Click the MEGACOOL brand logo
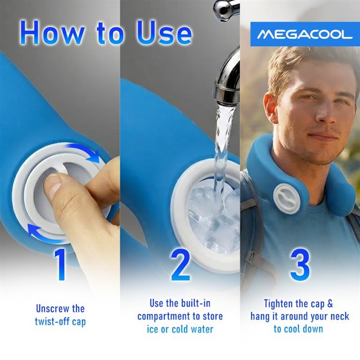coord(305,35)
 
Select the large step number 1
coord(61,266)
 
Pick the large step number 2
coord(180,266)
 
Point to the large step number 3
coord(299,266)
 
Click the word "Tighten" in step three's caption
coord(280,304)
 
